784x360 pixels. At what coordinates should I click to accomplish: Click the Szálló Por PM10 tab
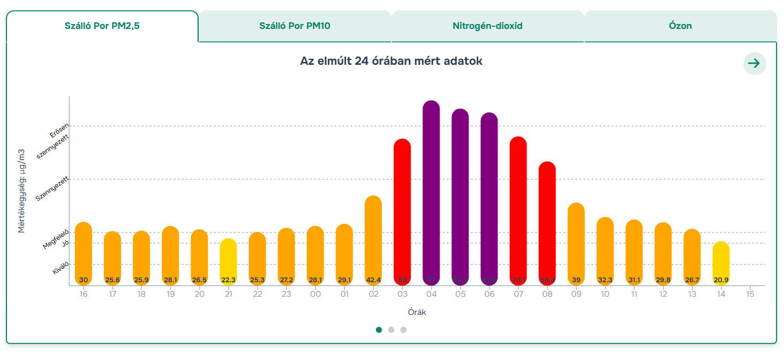point(295,26)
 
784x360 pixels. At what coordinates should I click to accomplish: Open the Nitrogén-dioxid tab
point(487,26)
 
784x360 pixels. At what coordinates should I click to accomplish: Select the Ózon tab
point(680,26)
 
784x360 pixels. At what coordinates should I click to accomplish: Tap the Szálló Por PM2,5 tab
point(102,26)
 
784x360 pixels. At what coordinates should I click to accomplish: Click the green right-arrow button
point(755,63)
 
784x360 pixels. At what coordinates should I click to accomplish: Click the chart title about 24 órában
point(391,61)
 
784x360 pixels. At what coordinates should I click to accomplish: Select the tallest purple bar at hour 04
point(431,193)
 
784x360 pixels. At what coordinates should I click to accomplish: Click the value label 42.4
point(373,280)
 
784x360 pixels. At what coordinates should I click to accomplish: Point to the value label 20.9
point(721,280)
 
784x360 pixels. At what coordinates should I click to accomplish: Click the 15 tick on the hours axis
point(750,294)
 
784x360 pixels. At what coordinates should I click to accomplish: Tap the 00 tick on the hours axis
point(315,294)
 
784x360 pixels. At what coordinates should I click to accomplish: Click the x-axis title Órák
point(417,312)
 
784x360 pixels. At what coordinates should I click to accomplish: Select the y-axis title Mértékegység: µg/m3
point(22,191)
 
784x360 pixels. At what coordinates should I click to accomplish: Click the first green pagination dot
point(379,329)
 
